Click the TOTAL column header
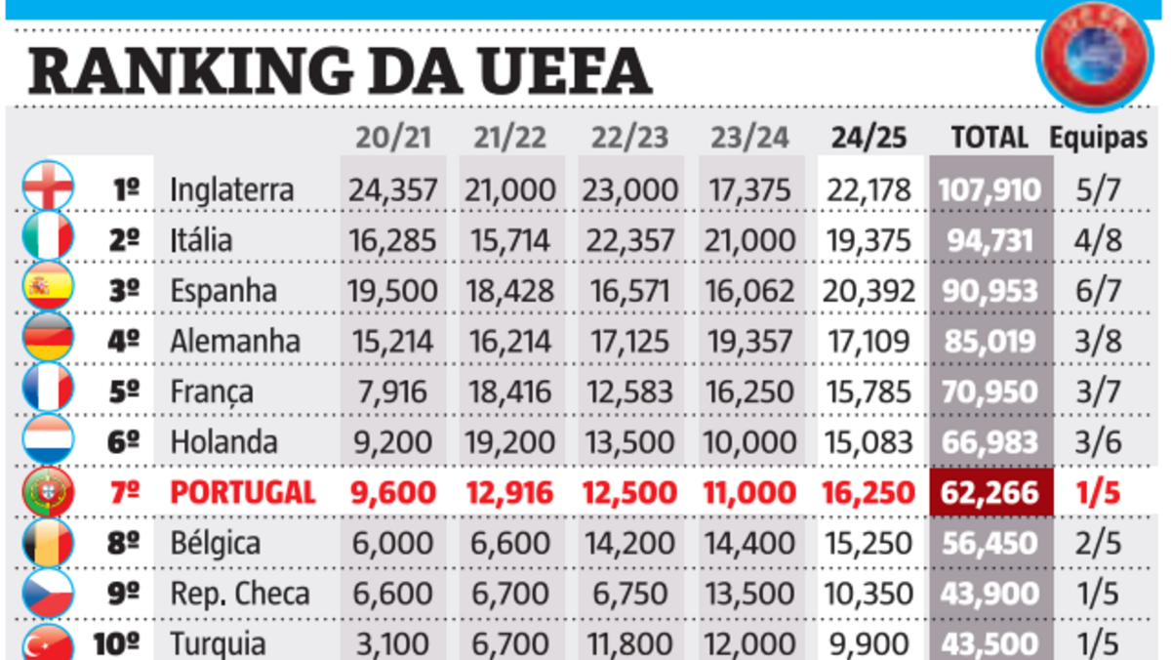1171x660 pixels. [x=989, y=138]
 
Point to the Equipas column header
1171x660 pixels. [x=1098, y=138]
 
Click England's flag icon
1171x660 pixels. [x=48, y=186]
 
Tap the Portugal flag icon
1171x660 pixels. [x=48, y=492]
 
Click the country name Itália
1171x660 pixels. [x=201, y=239]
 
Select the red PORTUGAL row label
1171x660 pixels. [x=243, y=492]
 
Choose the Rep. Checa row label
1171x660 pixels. [x=239, y=594]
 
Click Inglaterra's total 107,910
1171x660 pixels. [x=989, y=188]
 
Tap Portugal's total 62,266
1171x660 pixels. [x=989, y=492]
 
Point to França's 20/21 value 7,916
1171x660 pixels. [x=392, y=392]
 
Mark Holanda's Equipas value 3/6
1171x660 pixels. [x=1098, y=442]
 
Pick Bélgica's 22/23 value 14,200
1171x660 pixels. [x=629, y=543]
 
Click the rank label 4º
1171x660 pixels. [x=125, y=341]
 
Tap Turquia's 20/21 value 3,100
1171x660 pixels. [x=392, y=644]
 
